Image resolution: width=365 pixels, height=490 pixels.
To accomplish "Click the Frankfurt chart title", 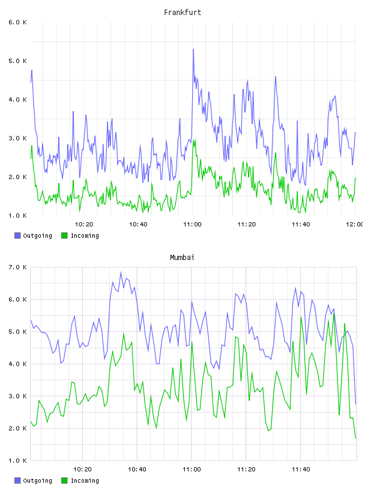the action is coord(182,13).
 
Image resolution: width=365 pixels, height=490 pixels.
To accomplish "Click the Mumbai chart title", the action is coord(182,258).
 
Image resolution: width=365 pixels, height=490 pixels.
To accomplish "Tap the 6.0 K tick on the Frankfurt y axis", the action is coord(17,22).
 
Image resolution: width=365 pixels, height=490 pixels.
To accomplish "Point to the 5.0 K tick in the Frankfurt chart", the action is coord(17,61).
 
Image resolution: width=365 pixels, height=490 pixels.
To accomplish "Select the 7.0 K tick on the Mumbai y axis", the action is coord(17,267).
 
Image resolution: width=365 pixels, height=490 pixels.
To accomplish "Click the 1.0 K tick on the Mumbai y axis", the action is coord(17,461).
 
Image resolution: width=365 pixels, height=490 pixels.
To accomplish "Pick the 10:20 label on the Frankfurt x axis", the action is coord(84,224).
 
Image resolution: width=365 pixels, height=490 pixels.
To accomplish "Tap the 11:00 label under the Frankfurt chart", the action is coord(192,224).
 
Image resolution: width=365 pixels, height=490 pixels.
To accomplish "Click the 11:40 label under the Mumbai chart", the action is coord(301,469).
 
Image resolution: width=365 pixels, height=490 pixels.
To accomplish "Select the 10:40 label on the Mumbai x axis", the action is coord(137,469).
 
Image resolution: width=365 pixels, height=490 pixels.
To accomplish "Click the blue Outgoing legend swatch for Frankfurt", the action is coord(17,235).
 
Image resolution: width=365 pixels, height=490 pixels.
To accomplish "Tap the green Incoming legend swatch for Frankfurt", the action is coord(64,235).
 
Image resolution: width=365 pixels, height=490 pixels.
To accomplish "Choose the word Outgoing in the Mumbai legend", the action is coord(37,480).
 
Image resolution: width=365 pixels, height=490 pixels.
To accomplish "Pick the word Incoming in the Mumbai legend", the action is coord(85,480).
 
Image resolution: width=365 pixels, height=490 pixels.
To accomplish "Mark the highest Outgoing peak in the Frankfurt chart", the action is coord(193,49).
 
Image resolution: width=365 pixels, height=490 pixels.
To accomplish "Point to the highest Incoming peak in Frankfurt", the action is coord(195,139).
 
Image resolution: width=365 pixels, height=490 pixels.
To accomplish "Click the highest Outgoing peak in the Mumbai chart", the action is coord(121,272).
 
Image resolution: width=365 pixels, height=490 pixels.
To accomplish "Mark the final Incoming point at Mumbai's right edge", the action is coord(355,438).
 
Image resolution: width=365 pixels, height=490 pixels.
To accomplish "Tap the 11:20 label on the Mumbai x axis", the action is coord(246,469).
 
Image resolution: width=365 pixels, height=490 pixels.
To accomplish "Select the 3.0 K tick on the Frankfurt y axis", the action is coord(17,138).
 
